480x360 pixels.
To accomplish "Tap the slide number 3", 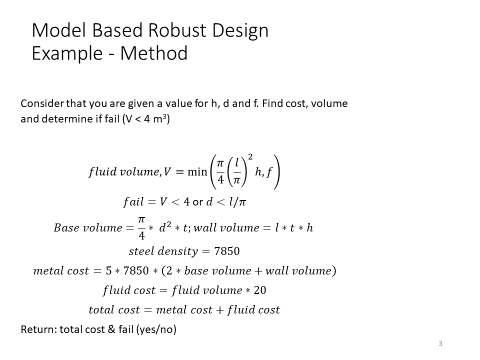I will pos(440,343).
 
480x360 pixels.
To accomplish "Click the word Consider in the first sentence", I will pos(41,104).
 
